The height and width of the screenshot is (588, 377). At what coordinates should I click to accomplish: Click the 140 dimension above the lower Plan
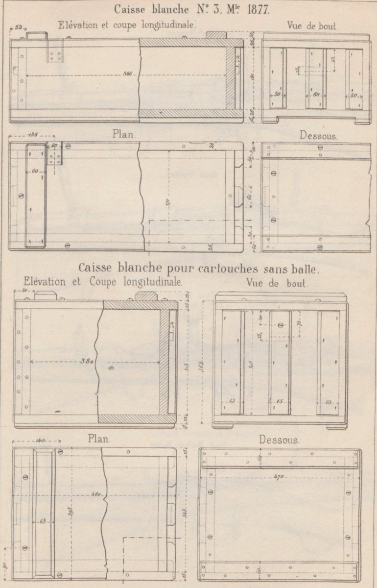pos(41,441)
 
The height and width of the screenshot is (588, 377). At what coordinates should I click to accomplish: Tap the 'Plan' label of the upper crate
pos(124,134)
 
